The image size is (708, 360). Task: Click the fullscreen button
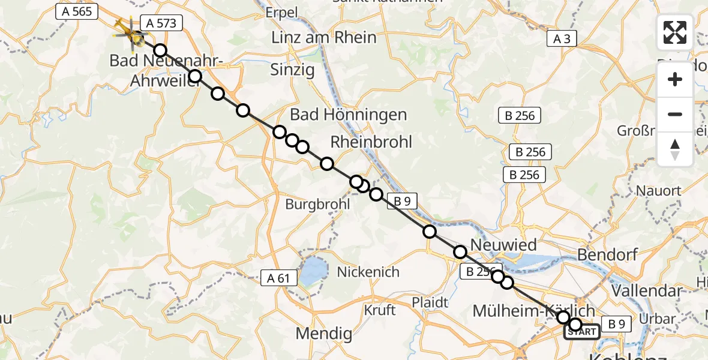(675, 32)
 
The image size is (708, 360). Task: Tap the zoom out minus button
(675, 114)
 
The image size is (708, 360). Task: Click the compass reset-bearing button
(675, 149)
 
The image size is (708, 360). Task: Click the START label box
(581, 332)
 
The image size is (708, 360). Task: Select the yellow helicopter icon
(129, 33)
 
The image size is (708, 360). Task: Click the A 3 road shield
(562, 39)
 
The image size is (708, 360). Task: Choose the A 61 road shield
(279, 277)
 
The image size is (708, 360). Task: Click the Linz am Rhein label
(324, 37)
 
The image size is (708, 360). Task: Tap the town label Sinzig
(293, 70)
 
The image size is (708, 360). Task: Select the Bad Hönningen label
(348, 115)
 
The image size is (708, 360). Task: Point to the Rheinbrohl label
(371, 142)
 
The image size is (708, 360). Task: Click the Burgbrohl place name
(317, 204)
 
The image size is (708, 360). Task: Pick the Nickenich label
(368, 272)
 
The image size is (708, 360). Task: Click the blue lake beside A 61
(313, 273)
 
